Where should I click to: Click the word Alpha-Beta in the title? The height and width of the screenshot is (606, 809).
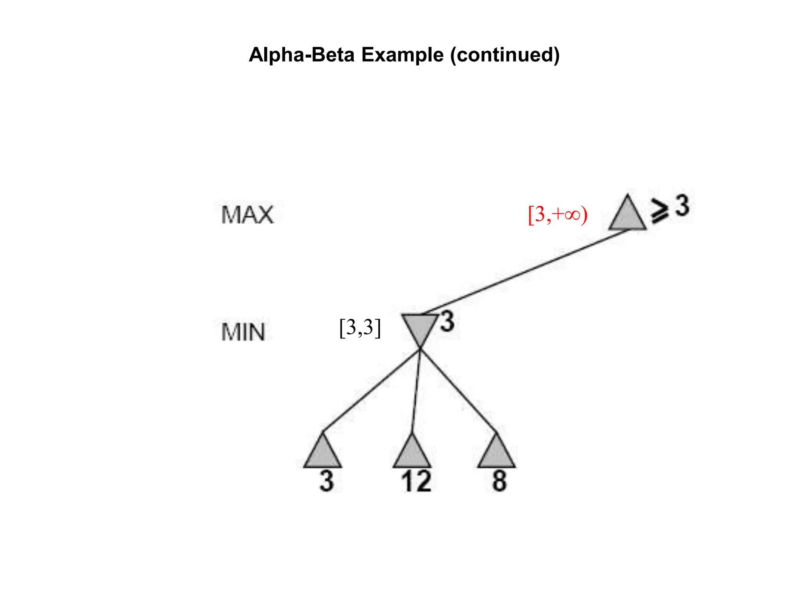302,55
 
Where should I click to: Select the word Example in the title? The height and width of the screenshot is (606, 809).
402,55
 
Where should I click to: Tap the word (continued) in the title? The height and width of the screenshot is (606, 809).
505,55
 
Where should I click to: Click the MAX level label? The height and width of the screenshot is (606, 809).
247,215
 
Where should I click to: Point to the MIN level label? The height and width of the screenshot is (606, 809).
243,332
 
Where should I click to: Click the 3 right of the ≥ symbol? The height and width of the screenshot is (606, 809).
682,206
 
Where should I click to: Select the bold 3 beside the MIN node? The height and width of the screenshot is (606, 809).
447,322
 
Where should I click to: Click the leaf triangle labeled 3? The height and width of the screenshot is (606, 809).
323,454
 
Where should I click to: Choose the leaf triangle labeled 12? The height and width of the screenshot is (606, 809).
412,454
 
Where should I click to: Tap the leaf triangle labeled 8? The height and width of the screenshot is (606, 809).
497,454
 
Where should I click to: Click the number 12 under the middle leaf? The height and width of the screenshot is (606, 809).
416,482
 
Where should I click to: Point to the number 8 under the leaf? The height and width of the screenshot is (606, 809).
499,481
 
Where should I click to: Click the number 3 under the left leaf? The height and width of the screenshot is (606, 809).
327,481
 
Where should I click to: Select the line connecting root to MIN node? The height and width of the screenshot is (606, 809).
525,272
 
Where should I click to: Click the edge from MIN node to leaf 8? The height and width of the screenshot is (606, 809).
458,391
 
